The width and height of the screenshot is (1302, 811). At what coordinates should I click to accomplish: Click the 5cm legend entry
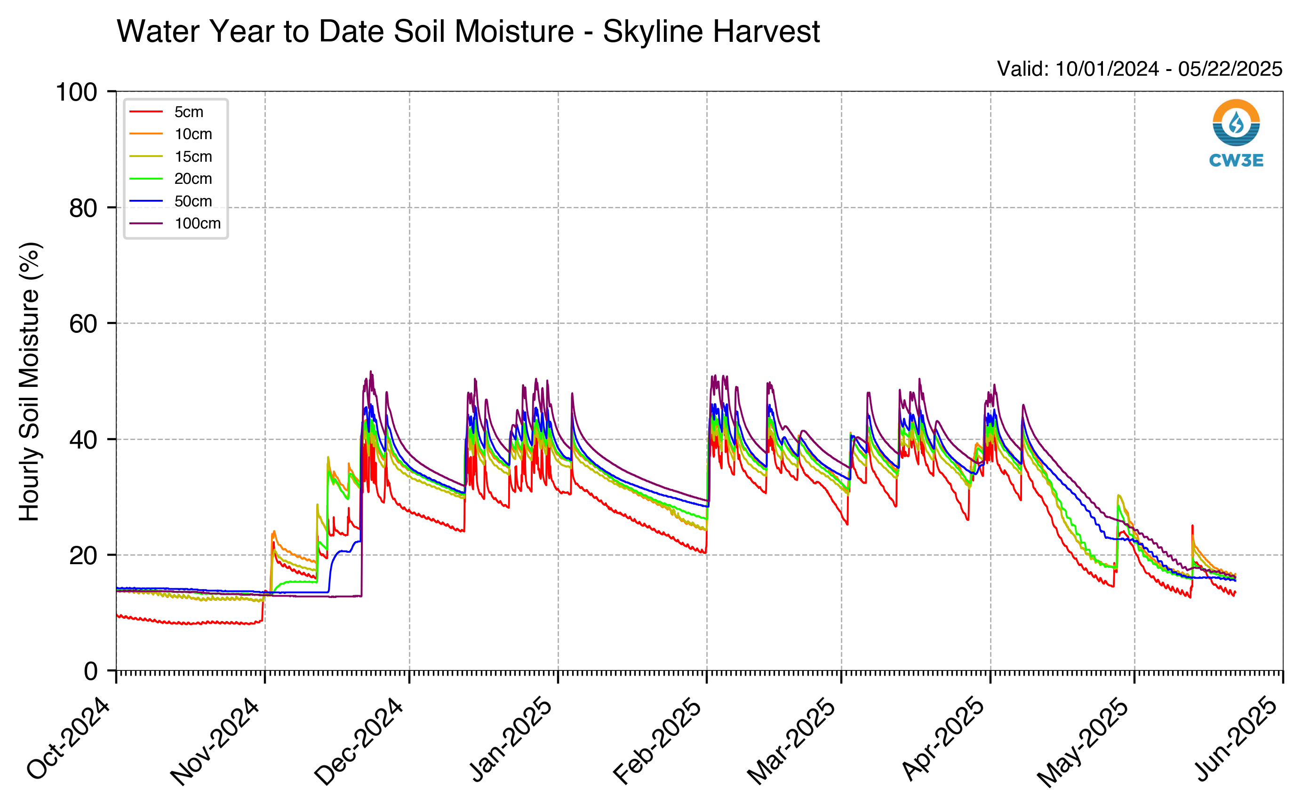pyautogui.click(x=167, y=111)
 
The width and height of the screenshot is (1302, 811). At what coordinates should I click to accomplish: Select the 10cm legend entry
pyautogui.click(x=171, y=134)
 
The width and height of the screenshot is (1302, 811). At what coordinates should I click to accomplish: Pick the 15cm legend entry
pyautogui.click(x=171, y=157)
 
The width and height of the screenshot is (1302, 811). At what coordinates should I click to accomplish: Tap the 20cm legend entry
pyautogui.click(x=171, y=179)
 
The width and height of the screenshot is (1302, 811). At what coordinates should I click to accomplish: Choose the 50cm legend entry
pyautogui.click(x=171, y=201)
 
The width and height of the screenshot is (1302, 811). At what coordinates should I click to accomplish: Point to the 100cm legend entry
pyautogui.click(x=175, y=223)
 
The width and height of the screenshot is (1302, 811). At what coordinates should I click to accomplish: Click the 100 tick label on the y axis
pyautogui.click(x=77, y=92)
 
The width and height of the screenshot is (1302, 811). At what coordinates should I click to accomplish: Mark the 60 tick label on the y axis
pyautogui.click(x=83, y=323)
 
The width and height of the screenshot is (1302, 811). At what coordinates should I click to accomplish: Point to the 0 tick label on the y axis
pyautogui.click(x=91, y=671)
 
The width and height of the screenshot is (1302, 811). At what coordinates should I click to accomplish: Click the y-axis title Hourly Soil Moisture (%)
pyautogui.click(x=30, y=381)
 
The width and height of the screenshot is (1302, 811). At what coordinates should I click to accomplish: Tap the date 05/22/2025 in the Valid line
pyautogui.click(x=1230, y=69)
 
